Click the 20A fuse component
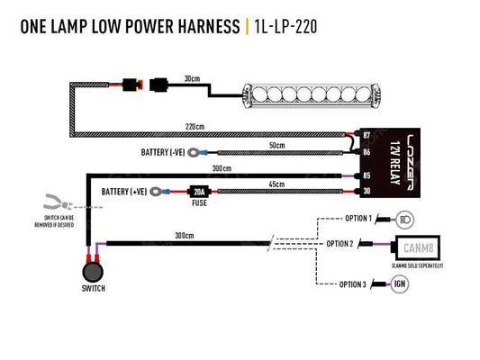[199, 192]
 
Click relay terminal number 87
[367, 135]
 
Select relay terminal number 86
[367, 154]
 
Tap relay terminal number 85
[367, 175]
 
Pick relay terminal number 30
[367, 191]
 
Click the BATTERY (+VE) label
[125, 192]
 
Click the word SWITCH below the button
[92, 289]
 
